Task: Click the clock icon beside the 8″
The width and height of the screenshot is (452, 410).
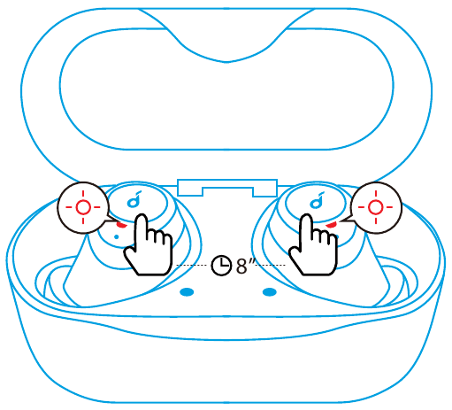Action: [x=221, y=266]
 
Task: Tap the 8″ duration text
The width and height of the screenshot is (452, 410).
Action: [x=245, y=265]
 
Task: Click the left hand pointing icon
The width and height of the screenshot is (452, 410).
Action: [x=149, y=245]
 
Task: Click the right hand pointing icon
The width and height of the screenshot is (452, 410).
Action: [x=313, y=245]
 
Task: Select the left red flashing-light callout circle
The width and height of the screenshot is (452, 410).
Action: [x=83, y=207]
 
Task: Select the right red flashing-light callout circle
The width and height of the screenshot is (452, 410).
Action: [x=376, y=207]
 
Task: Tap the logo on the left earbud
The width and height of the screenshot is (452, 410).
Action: [x=134, y=199]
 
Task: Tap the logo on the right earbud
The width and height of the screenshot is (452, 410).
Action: [x=317, y=199]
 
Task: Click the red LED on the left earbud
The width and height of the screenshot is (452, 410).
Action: [x=121, y=225]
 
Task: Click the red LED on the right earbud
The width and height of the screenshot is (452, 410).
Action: [x=331, y=225]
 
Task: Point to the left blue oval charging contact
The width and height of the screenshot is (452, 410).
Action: [x=187, y=292]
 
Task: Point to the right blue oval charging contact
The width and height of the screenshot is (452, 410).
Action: [x=270, y=292]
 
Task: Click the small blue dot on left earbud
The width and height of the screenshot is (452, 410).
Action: [x=117, y=236]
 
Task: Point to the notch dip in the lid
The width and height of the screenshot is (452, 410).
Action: [x=226, y=61]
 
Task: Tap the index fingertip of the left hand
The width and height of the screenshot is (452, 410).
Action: [x=142, y=217]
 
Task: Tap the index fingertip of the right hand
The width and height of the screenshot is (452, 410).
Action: [x=307, y=217]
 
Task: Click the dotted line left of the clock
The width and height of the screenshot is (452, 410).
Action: [x=191, y=266]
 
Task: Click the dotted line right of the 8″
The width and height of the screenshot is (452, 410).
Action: [x=271, y=266]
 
